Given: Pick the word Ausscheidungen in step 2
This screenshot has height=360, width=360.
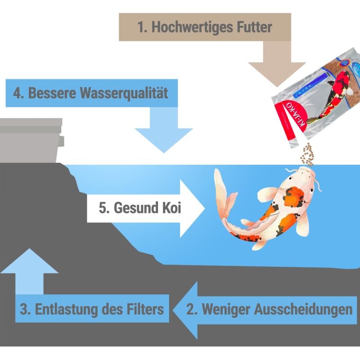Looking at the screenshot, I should pyautogui.click(x=306, y=310).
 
